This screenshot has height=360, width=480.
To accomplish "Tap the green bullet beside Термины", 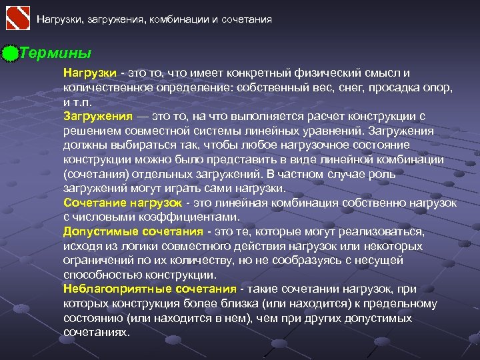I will pyautogui.click(x=9, y=53).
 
